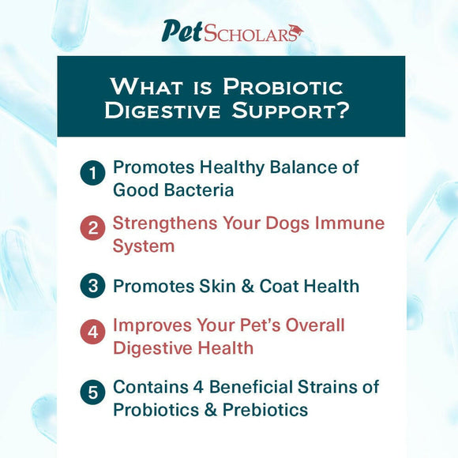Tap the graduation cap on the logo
coord(295,31)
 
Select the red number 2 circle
coord(92,229)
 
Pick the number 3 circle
coord(92,286)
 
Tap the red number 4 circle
coord(92,332)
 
